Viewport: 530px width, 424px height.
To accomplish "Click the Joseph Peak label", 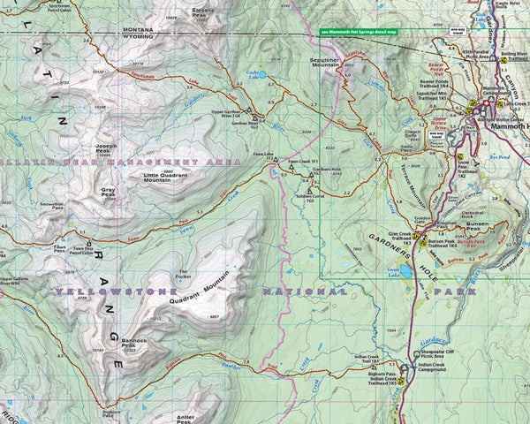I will [x=106, y=148].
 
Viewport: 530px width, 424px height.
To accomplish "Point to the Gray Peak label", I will [x=108, y=191].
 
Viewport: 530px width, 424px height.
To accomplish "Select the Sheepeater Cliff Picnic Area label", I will [x=439, y=353].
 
